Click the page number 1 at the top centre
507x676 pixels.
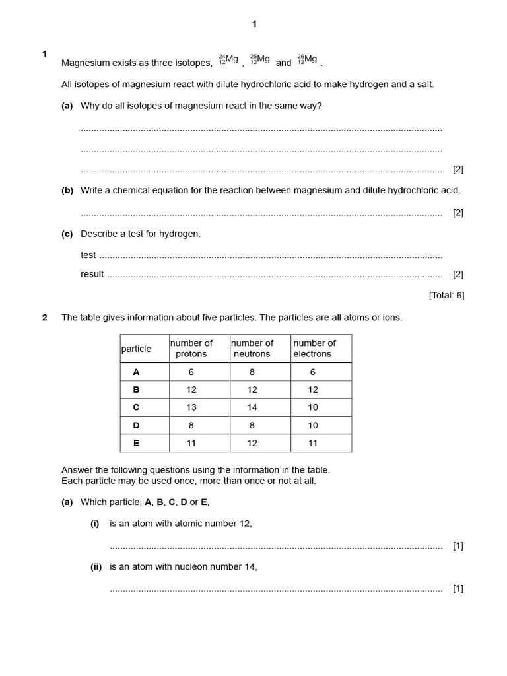coord(254,24)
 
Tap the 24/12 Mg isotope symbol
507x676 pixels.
coord(228,60)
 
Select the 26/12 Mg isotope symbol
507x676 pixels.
coord(307,60)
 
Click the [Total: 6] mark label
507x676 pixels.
coord(446,295)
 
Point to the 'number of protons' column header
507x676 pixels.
coord(191,349)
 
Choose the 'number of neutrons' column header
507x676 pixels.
coord(252,349)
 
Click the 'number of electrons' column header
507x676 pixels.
coord(314,349)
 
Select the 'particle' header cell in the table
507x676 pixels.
coord(137,349)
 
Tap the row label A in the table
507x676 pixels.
coord(137,372)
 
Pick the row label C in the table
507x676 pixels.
coord(137,407)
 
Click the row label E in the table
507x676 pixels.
coord(137,443)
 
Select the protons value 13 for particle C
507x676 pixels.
coord(191,407)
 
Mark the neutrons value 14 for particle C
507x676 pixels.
coord(252,407)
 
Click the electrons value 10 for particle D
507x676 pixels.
coord(313,425)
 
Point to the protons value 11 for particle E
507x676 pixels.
coord(191,443)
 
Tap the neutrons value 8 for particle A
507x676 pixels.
coord(252,372)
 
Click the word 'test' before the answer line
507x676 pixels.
coord(88,255)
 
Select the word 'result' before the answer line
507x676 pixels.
coord(92,274)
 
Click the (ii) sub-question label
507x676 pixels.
coord(96,566)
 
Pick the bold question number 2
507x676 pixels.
coord(45,318)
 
